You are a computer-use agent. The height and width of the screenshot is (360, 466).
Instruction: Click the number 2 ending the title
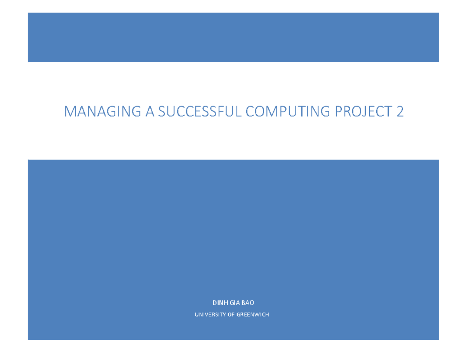[400, 112]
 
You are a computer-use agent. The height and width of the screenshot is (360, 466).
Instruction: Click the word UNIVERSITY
[209, 315]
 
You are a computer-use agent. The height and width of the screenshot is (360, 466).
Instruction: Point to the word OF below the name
[230, 315]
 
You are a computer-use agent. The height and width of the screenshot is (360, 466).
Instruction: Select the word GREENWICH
[252, 315]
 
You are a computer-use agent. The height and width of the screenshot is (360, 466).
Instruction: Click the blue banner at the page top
[233, 37]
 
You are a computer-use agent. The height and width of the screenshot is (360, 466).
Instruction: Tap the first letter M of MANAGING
[70, 112]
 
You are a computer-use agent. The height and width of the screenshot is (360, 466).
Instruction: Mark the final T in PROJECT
[388, 112]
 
